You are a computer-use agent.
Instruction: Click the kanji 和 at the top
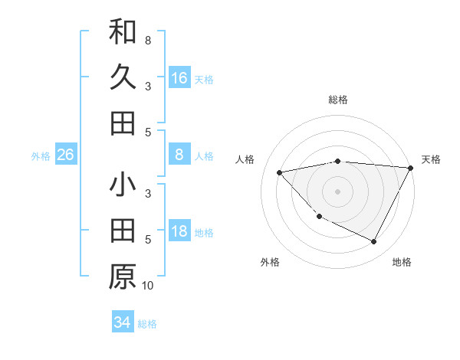pos(123,31)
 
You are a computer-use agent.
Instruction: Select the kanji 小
pos(123,186)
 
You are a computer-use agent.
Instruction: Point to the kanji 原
pos(123,277)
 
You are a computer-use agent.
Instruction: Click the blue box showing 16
pos(179,78)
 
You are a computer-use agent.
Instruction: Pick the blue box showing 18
pos(179,232)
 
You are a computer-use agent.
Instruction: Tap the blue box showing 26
pos(65,155)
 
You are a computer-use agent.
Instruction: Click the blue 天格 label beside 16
pos(204,79)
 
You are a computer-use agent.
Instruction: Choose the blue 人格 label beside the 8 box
pos(204,156)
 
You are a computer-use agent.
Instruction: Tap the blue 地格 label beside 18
pos(204,233)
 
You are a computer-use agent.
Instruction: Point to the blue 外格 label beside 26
pos(41,156)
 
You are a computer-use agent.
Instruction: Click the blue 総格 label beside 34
pos(147,324)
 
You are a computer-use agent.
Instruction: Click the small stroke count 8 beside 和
pos(147,40)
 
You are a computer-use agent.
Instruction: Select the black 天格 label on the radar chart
pos(431,159)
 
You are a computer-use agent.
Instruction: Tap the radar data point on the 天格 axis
pos(410,168)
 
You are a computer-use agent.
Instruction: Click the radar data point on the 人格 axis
pos(280,172)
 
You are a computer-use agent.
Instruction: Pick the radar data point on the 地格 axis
pos(373,242)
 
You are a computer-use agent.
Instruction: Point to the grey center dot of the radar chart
pos(337,191)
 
